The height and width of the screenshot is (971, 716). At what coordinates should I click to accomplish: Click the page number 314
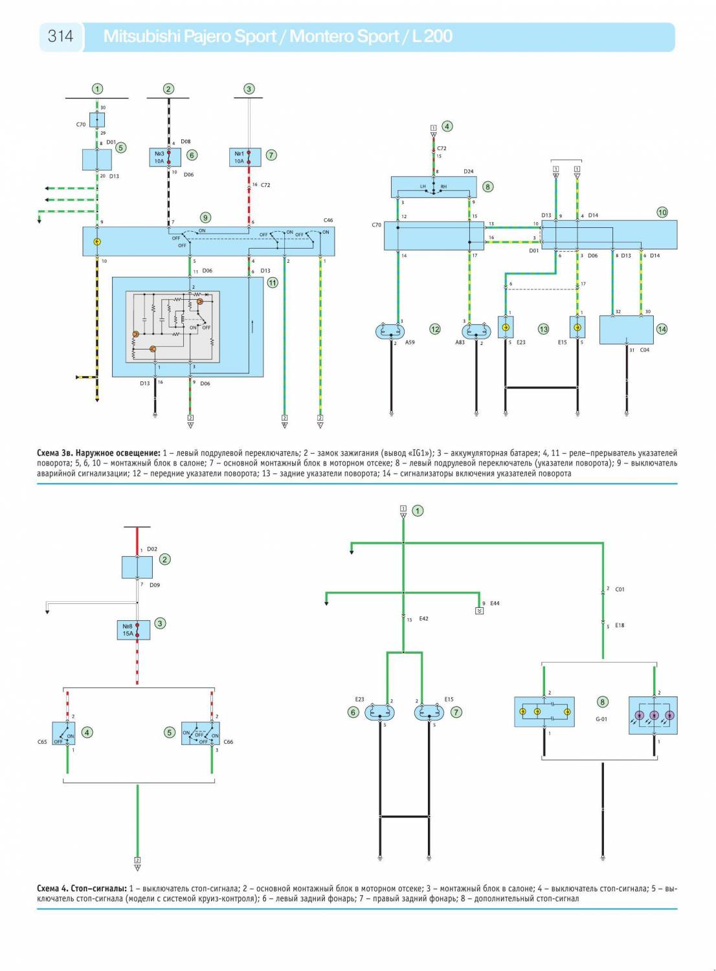pyautogui.click(x=60, y=36)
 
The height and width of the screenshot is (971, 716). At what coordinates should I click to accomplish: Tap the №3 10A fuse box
pyautogui.click(x=165, y=157)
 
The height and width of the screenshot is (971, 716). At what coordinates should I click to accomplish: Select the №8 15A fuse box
pyautogui.click(x=134, y=630)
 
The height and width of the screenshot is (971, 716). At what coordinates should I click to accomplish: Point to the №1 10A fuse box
pyautogui.click(x=245, y=157)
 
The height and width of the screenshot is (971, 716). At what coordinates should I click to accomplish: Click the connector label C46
pyautogui.click(x=328, y=221)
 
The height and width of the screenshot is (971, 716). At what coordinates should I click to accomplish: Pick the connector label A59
pyautogui.click(x=410, y=342)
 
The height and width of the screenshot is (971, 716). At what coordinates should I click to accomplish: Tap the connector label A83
pyautogui.click(x=460, y=342)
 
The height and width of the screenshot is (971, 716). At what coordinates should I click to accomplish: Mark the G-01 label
pyautogui.click(x=601, y=719)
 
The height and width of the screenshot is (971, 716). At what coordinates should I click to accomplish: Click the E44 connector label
pyautogui.click(x=495, y=603)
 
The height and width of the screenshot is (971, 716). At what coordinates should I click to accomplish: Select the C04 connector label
pyautogui.click(x=644, y=350)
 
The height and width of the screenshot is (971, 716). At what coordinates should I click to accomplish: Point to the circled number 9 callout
pyautogui.click(x=205, y=218)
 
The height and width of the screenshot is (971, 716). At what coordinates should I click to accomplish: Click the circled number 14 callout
pyautogui.click(x=662, y=329)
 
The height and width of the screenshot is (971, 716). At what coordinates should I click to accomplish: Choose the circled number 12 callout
pyautogui.click(x=435, y=329)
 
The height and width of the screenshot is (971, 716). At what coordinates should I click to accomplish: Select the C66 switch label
pyautogui.click(x=228, y=742)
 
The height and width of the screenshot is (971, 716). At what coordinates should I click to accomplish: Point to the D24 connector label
pyautogui.click(x=469, y=172)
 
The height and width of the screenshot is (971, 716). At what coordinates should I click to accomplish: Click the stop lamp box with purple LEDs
pyautogui.click(x=653, y=715)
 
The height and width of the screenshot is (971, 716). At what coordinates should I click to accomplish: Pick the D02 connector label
pyautogui.click(x=151, y=549)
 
